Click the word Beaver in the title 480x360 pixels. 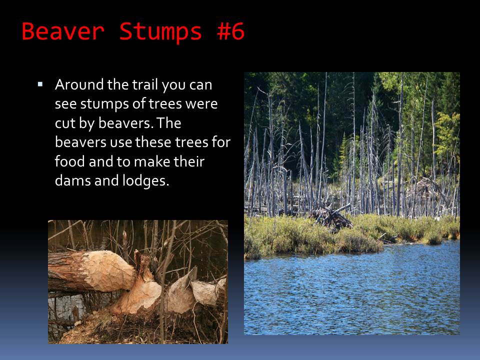click(x=63, y=31)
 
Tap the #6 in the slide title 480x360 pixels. click(x=230, y=31)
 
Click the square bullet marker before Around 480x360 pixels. click(x=40, y=84)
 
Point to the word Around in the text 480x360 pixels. click(x=79, y=85)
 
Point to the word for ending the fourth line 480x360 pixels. click(x=220, y=142)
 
